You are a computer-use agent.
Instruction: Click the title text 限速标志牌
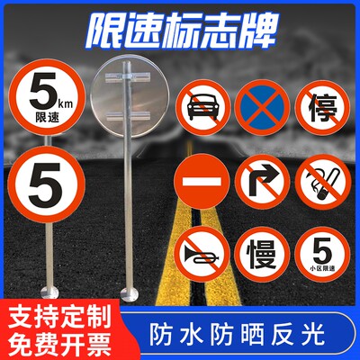coord(180,27)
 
